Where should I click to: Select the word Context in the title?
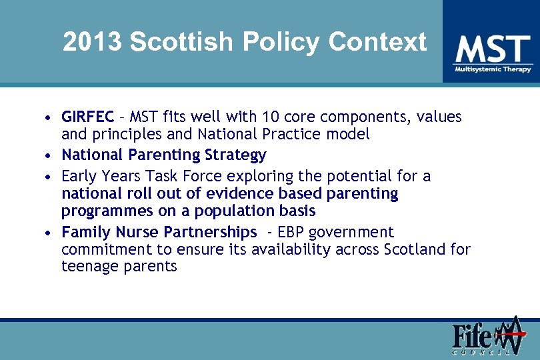coord(377,42)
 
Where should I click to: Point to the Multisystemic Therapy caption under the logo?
coord(493,69)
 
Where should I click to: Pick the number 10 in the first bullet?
coord(271,117)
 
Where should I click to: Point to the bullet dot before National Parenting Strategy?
coord(49,156)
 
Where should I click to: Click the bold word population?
coord(247,211)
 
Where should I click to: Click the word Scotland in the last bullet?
coord(413,249)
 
